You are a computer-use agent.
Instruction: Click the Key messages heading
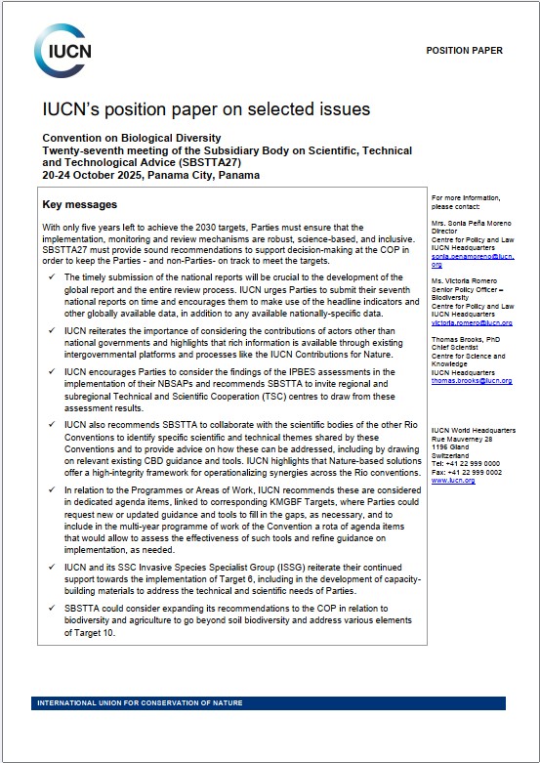[80, 205]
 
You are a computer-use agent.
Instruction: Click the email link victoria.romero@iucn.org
[472, 321]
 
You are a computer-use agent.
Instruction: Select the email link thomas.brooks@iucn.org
[471, 380]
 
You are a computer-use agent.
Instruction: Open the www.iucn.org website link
[453, 481]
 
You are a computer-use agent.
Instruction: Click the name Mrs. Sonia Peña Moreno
[473, 225]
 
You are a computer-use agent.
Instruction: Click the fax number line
[468, 473]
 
